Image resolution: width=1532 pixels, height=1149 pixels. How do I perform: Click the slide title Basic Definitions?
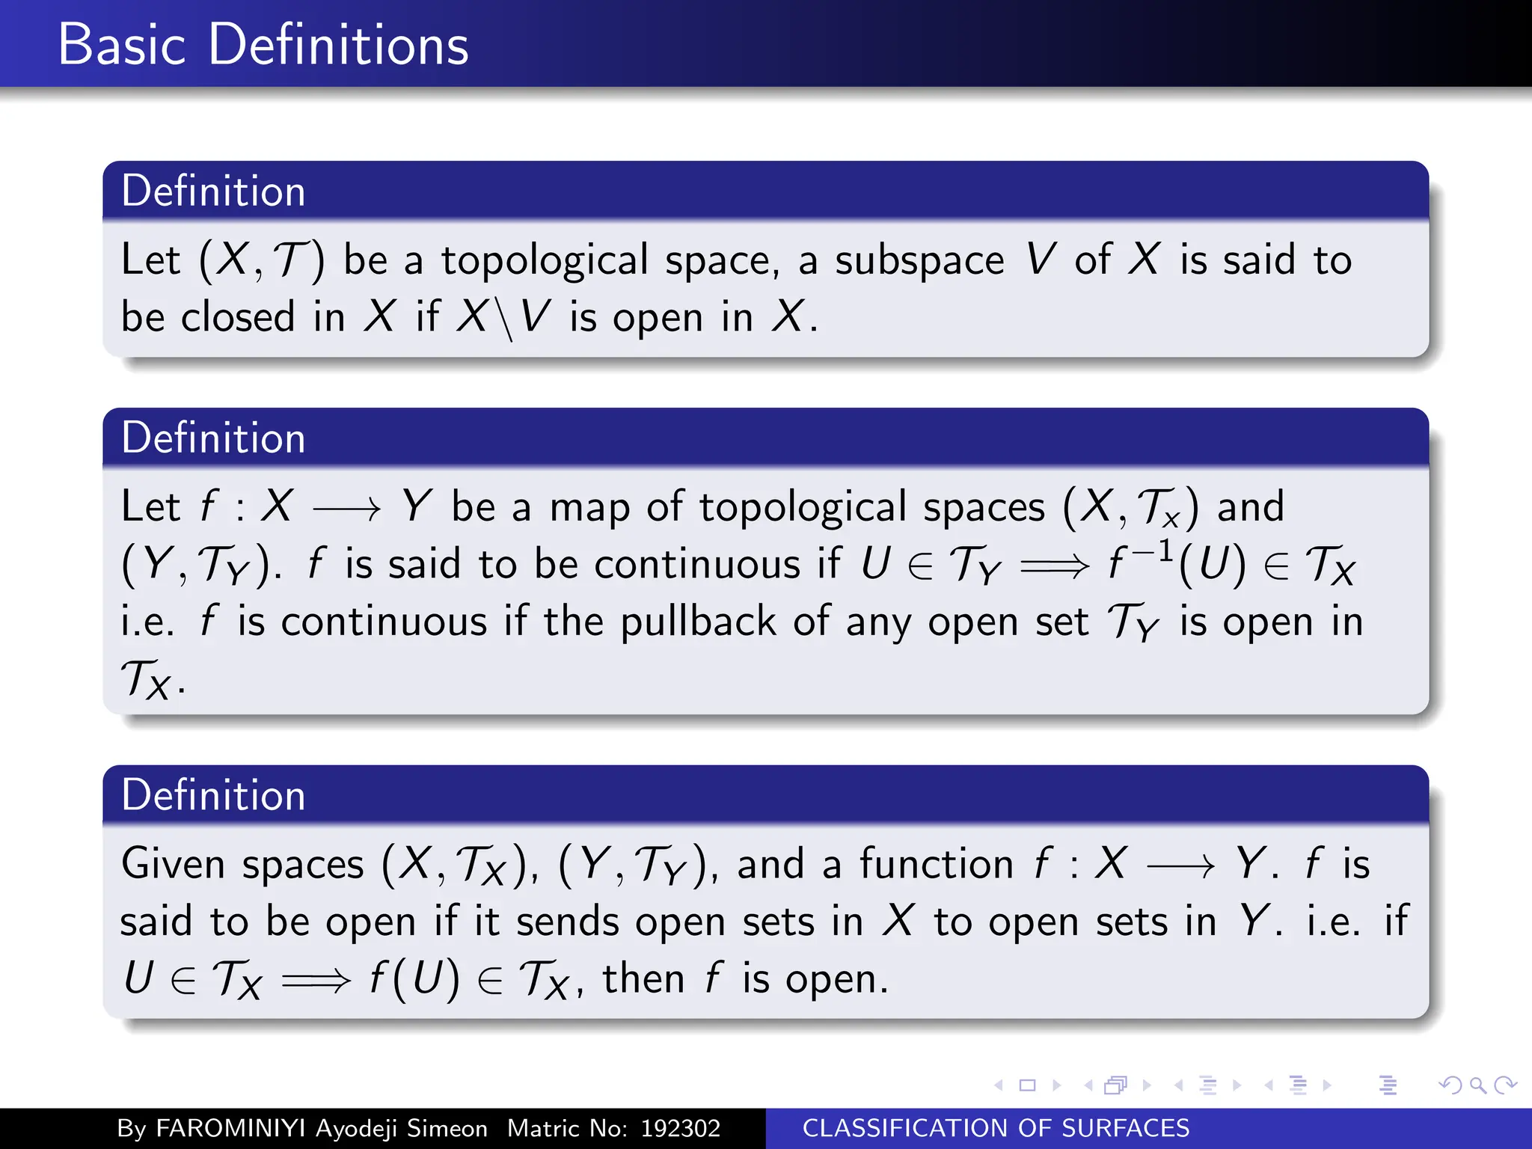pos(263,45)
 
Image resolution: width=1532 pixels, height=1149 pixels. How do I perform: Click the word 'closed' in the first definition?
pos(238,316)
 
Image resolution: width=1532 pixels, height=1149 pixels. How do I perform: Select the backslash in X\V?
pos(504,318)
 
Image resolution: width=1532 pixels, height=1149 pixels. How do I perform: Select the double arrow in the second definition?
pos(1054,566)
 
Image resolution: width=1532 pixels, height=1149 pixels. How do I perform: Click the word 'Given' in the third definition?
pos(173,864)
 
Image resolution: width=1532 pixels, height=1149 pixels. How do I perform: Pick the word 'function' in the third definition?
pos(936,864)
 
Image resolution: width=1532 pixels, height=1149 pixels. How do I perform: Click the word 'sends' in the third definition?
pos(568,921)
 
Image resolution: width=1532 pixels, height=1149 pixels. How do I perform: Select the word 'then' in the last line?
pos(643,978)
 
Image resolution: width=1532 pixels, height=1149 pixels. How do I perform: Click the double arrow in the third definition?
pos(316,980)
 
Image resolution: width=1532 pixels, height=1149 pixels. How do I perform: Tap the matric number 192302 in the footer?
pos(680,1128)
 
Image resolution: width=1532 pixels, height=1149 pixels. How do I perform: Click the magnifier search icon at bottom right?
pos(1477,1085)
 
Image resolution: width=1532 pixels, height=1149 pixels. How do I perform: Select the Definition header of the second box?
pos(213,438)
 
